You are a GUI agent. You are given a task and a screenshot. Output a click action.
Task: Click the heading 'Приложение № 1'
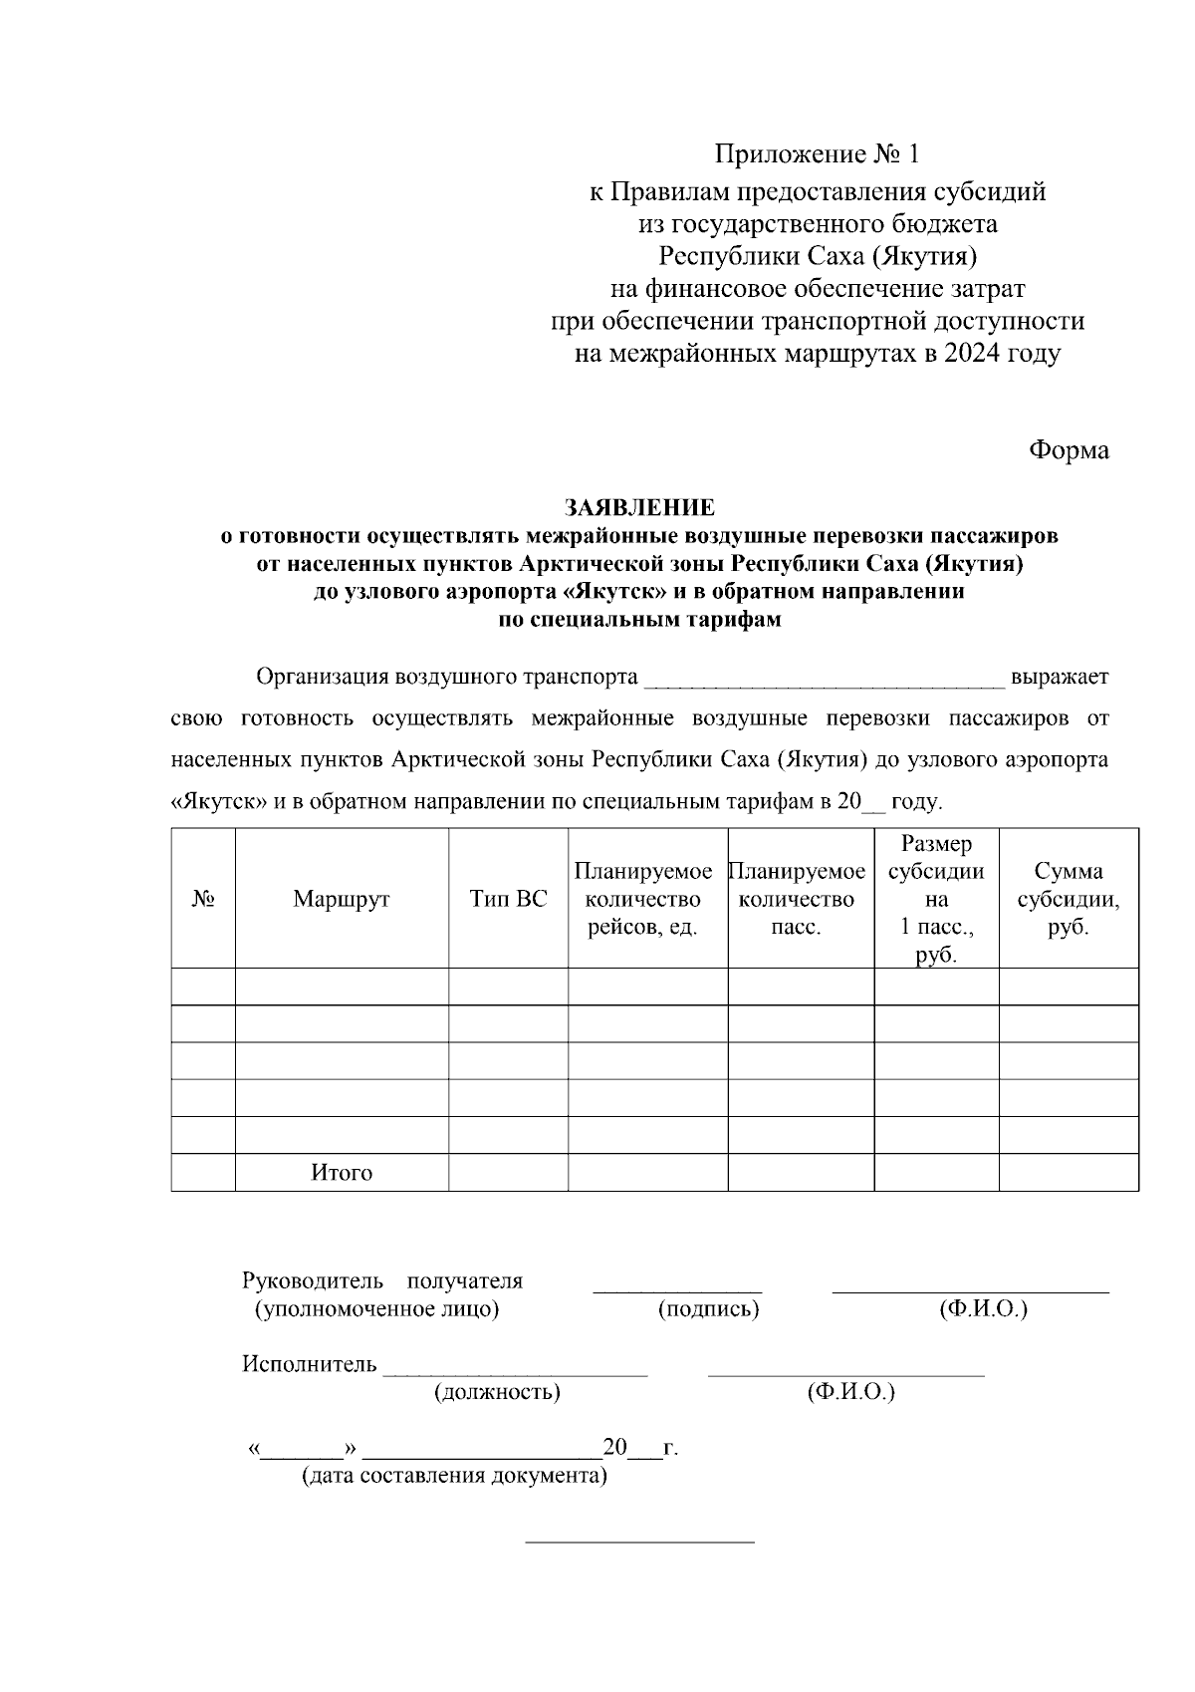coord(818,154)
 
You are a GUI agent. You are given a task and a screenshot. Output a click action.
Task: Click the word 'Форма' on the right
coord(1068,449)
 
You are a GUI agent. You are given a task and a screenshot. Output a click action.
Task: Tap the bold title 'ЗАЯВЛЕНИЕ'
coord(639,507)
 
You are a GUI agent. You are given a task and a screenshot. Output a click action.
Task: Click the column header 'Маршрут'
coord(342,899)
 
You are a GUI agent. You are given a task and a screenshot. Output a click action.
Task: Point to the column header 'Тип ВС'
coord(508,899)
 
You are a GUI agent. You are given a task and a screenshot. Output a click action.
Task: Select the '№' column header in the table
coord(203,899)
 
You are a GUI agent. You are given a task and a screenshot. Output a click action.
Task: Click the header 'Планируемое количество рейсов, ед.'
coord(643,899)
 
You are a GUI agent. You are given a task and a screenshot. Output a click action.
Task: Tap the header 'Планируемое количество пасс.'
coord(797,899)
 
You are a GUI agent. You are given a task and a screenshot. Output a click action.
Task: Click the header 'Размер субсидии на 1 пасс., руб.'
coord(936,899)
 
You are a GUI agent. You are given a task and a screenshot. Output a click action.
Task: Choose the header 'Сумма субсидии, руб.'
coord(1068,899)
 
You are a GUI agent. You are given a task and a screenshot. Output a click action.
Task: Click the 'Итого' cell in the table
coord(342,1173)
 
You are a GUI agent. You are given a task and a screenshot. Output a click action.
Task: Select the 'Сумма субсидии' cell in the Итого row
coord(1068,1173)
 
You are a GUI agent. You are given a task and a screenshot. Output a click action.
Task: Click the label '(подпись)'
coord(708,1309)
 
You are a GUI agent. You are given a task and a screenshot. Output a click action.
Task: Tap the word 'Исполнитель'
coord(309,1364)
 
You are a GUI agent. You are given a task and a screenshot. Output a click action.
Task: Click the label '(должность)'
coord(497,1392)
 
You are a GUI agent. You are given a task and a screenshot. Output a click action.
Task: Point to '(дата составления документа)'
coord(454,1476)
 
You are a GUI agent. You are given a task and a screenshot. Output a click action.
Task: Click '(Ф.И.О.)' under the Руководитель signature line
coord(982,1309)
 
